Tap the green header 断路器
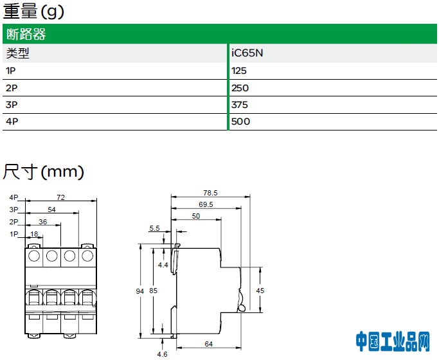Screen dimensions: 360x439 point(26,35)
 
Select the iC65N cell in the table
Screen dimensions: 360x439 point(247,54)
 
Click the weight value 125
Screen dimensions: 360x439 point(239,71)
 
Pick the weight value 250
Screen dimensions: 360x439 point(240,88)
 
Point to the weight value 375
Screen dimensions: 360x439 point(240,105)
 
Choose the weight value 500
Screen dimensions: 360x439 point(240,122)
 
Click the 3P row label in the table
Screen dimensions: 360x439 point(11,105)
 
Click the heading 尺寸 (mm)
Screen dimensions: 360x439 point(44,172)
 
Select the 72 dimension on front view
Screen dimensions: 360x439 point(61,197)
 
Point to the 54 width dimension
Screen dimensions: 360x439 point(52,210)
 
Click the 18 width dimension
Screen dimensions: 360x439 point(35,234)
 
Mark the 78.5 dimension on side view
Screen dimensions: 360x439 point(210,193)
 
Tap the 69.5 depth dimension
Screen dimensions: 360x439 point(206,204)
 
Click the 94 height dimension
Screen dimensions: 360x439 point(140,292)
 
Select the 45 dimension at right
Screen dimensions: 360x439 point(260,291)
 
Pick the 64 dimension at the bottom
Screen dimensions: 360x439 point(208,345)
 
